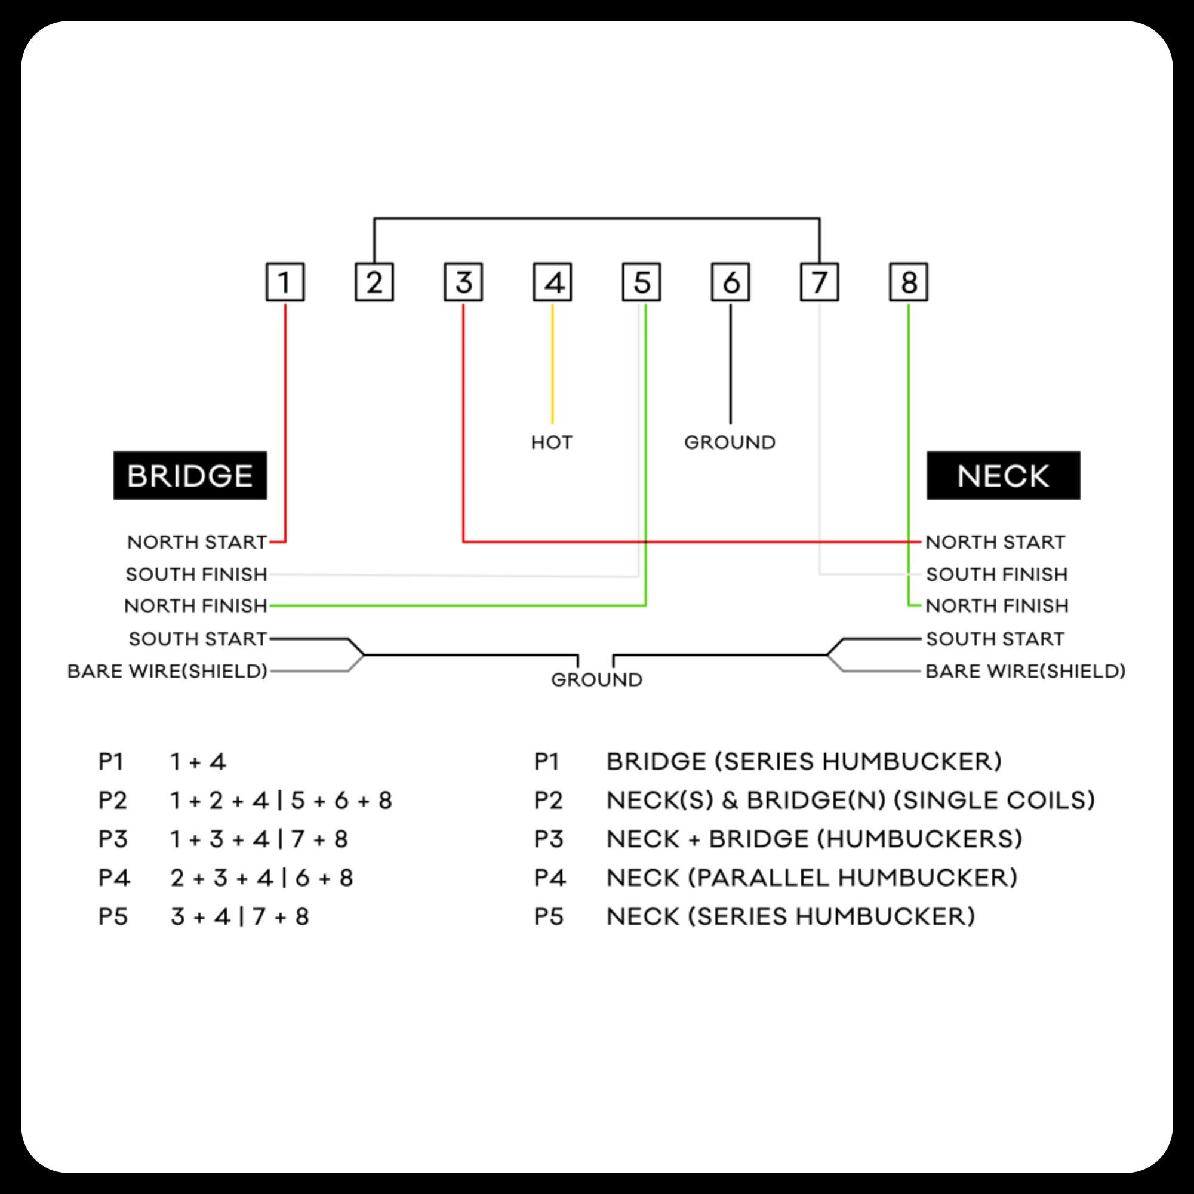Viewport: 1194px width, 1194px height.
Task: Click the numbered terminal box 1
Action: pos(285,282)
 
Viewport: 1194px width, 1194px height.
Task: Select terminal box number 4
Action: pos(552,282)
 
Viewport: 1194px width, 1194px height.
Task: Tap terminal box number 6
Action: pos(730,282)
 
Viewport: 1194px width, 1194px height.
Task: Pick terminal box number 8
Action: pos(908,282)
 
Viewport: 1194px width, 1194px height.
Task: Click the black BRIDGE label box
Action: pos(190,475)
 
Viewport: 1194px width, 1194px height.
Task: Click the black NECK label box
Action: pos(1003,475)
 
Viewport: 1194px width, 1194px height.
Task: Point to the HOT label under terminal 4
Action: pos(552,442)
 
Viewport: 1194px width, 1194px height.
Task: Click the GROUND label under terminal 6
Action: pos(730,442)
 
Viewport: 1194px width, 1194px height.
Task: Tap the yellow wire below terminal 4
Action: pos(552,365)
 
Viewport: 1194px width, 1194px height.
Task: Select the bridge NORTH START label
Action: pos(197,542)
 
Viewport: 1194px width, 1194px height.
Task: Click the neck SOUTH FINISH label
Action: pos(996,574)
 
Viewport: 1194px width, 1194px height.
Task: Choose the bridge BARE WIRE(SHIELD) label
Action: pos(168,671)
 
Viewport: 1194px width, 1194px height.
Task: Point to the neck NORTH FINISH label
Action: pos(997,605)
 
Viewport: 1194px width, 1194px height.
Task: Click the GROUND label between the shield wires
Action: pos(596,680)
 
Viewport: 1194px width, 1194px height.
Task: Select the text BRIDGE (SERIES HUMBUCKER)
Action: pos(804,761)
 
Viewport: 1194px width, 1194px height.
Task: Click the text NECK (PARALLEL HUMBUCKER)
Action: pos(811,878)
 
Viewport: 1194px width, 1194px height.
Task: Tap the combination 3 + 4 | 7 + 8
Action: pos(239,916)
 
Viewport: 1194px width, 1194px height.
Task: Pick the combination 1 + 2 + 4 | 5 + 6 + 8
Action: pos(281,801)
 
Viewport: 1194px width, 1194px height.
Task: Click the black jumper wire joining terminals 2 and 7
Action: pos(596,218)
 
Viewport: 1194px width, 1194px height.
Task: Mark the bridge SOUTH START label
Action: pos(198,638)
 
